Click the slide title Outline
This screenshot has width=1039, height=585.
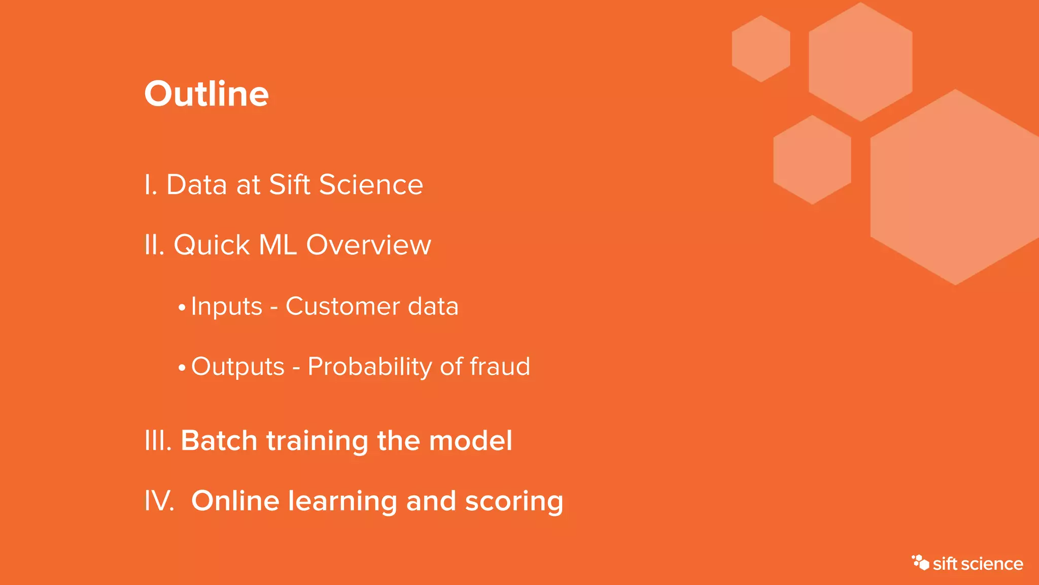(206, 94)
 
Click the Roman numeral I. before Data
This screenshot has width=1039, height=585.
(151, 185)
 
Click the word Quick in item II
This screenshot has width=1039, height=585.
(212, 245)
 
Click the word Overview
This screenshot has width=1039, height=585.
(368, 245)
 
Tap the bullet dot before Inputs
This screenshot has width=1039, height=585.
(182, 308)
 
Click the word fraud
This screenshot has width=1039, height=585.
(500, 367)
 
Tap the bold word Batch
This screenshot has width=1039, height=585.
(219, 440)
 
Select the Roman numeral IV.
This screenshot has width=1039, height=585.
(159, 501)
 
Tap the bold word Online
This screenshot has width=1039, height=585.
(235, 501)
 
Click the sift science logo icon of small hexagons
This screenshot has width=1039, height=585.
(920, 562)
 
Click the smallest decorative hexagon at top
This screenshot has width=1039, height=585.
(760, 49)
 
